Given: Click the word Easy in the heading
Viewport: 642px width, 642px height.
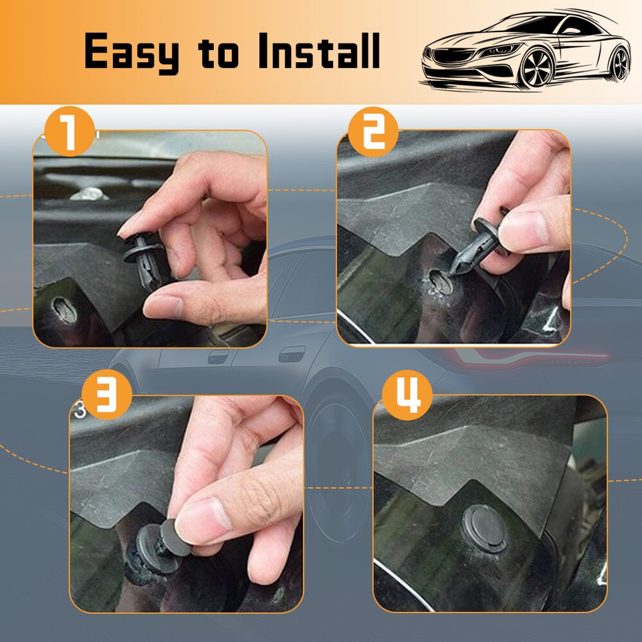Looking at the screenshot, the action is click(x=132, y=52).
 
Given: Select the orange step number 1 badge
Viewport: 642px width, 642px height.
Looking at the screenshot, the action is click(x=70, y=131).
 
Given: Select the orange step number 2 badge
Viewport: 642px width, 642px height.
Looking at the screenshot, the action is click(x=373, y=132).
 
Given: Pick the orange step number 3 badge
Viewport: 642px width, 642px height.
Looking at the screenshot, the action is click(x=106, y=394).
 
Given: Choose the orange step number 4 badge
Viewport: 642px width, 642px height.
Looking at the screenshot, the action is click(x=407, y=395).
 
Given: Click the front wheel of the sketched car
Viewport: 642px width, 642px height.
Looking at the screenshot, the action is click(x=536, y=68).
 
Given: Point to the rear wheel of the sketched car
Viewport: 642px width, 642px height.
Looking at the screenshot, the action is click(x=621, y=64).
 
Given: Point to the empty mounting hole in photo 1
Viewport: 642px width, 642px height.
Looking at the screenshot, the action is click(x=65, y=310).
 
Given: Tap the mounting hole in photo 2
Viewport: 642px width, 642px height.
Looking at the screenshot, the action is click(x=441, y=282).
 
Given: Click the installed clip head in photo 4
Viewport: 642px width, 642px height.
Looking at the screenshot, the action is click(x=486, y=528).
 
